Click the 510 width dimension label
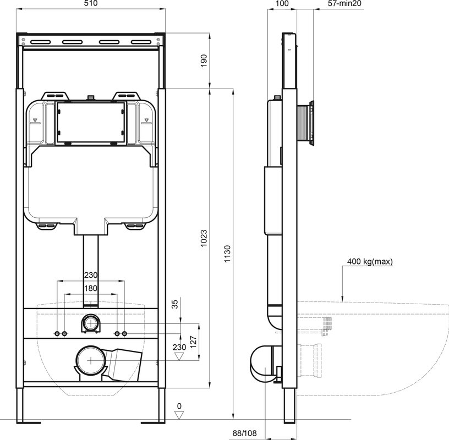pos(91,3)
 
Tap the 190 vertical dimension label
pos(204,61)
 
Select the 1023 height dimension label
pos(204,238)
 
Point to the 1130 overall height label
pos(227,254)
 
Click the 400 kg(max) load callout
pos(370,261)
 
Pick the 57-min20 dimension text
pos(344,3)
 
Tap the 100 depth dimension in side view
pos(282,3)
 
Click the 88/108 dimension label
pos(244,433)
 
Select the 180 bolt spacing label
pos(91,288)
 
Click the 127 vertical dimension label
pos(194,342)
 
